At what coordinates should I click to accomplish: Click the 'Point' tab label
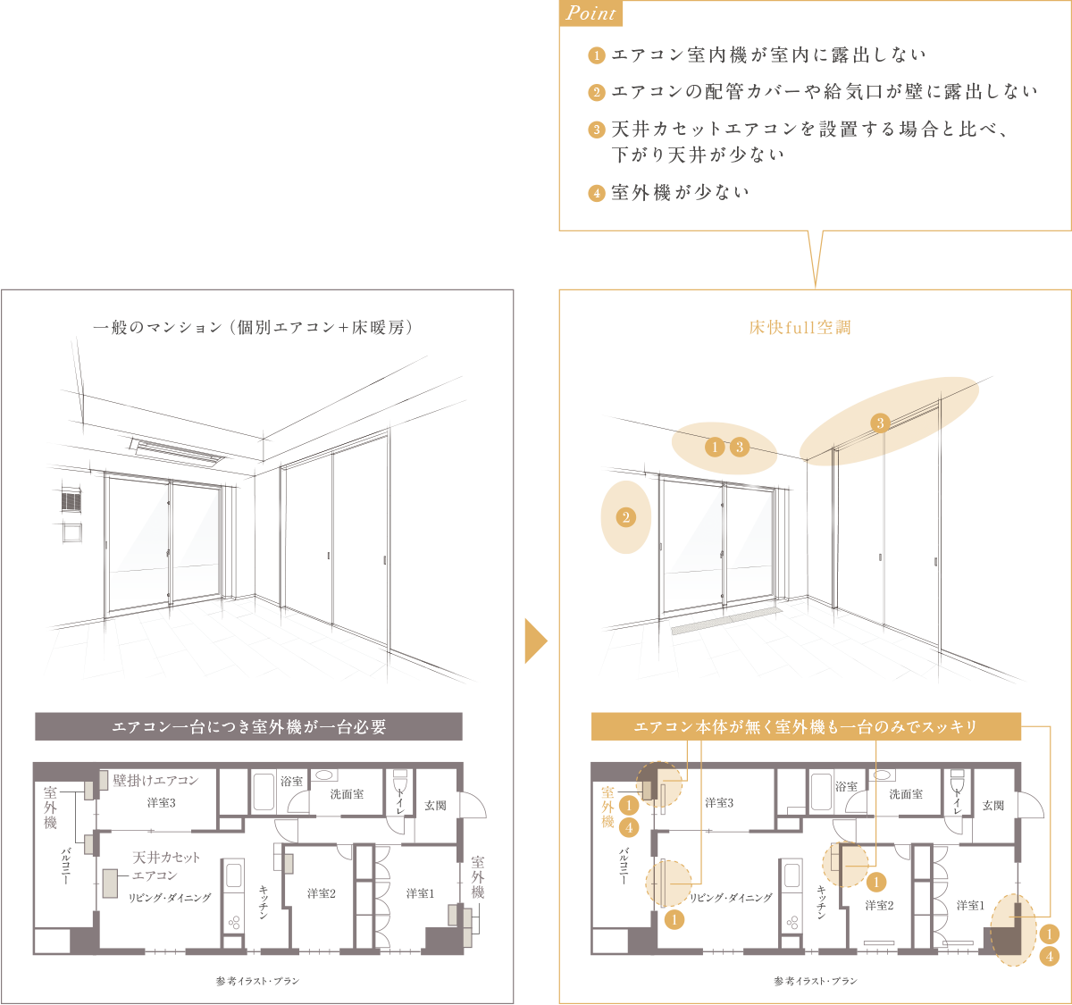pyautogui.click(x=591, y=13)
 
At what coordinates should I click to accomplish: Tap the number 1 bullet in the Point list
pyautogui.click(x=597, y=56)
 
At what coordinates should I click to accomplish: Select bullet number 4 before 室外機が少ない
pyautogui.click(x=597, y=193)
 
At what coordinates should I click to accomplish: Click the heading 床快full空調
pyautogui.click(x=800, y=328)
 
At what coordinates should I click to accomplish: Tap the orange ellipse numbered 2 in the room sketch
pyautogui.click(x=625, y=517)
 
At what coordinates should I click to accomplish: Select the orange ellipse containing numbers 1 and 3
pyautogui.click(x=724, y=448)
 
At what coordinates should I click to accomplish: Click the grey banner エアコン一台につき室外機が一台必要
pyautogui.click(x=248, y=726)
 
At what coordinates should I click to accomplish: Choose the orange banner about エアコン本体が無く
pyautogui.click(x=806, y=726)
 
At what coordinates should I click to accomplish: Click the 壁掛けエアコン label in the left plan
pyautogui.click(x=156, y=781)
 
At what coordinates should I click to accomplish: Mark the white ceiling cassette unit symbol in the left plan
pyautogui.click(x=110, y=883)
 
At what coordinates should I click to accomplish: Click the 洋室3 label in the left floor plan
pyautogui.click(x=161, y=803)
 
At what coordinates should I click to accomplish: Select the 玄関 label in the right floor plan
pyautogui.click(x=993, y=806)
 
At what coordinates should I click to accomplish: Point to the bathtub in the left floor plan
pyautogui.click(x=263, y=791)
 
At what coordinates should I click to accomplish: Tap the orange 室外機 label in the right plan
pyautogui.click(x=607, y=807)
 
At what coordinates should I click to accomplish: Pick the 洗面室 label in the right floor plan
pyautogui.click(x=905, y=794)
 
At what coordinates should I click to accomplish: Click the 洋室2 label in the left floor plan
pyautogui.click(x=321, y=893)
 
